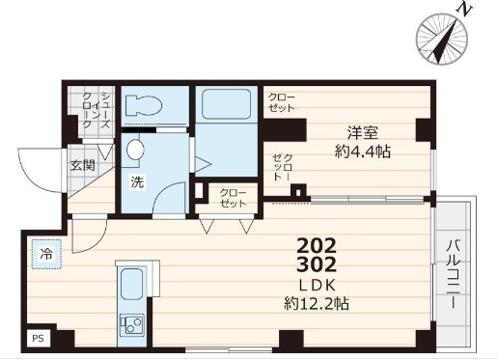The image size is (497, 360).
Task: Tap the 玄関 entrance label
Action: (82, 164)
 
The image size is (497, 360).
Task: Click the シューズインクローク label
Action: (97, 110)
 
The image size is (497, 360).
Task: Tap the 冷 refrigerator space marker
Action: (45, 254)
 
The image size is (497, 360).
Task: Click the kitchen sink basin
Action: (130, 284)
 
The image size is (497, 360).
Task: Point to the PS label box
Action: (39, 338)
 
